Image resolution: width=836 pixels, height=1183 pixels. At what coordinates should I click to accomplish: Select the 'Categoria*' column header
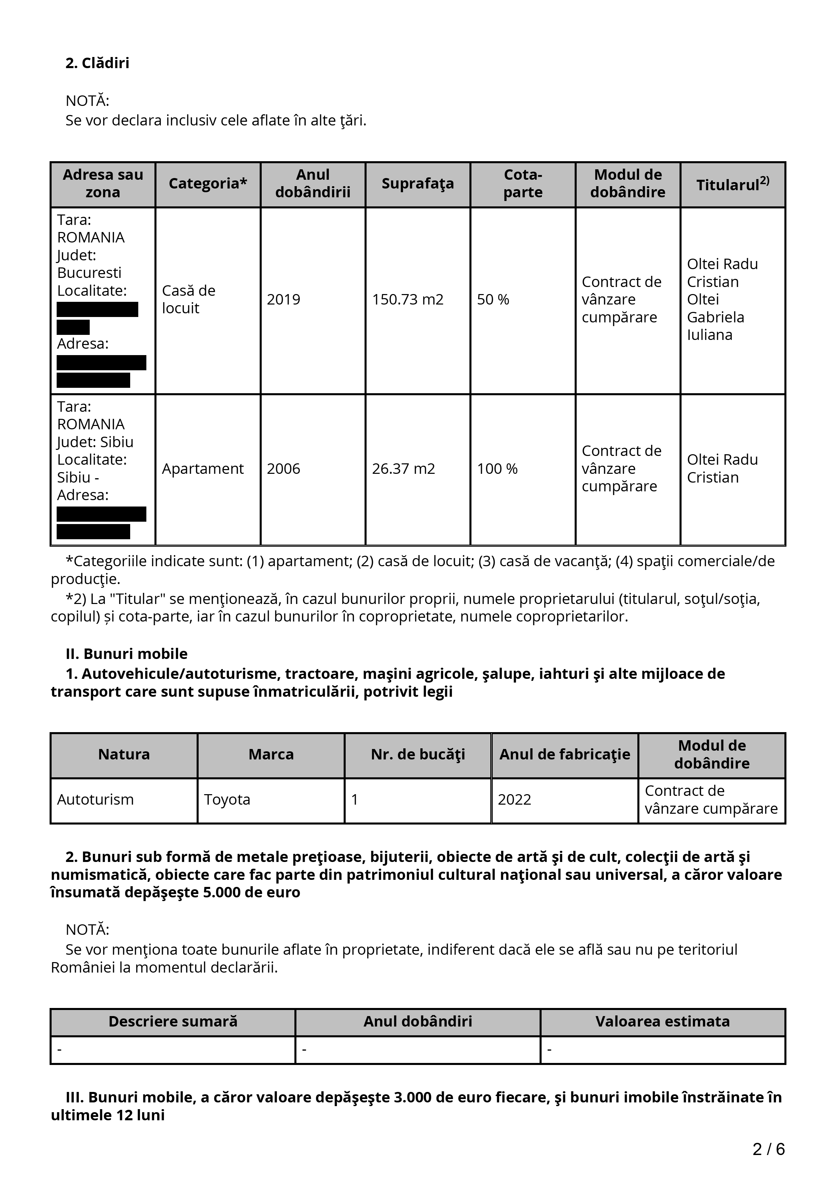(208, 183)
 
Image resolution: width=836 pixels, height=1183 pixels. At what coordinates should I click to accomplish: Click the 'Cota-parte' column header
(522, 183)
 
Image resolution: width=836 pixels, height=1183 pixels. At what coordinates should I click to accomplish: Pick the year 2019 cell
(283, 299)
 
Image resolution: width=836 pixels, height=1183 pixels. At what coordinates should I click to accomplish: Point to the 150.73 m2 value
(407, 299)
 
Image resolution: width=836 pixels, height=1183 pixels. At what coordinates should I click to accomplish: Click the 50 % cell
(493, 299)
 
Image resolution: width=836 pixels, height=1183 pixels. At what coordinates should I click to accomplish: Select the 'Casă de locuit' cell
(189, 299)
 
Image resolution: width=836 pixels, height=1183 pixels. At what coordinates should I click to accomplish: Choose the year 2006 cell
(283, 468)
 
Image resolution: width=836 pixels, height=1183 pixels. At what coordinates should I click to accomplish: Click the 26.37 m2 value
(403, 468)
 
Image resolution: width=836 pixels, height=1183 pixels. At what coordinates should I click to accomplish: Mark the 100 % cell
(497, 468)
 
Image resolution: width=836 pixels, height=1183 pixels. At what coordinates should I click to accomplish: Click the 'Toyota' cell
(227, 799)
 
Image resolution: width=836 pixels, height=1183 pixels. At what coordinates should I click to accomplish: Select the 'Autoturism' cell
(95, 799)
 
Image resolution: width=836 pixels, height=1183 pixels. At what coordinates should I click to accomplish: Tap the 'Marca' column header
(271, 754)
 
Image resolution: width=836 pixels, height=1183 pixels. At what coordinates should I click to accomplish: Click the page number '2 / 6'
(769, 1149)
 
